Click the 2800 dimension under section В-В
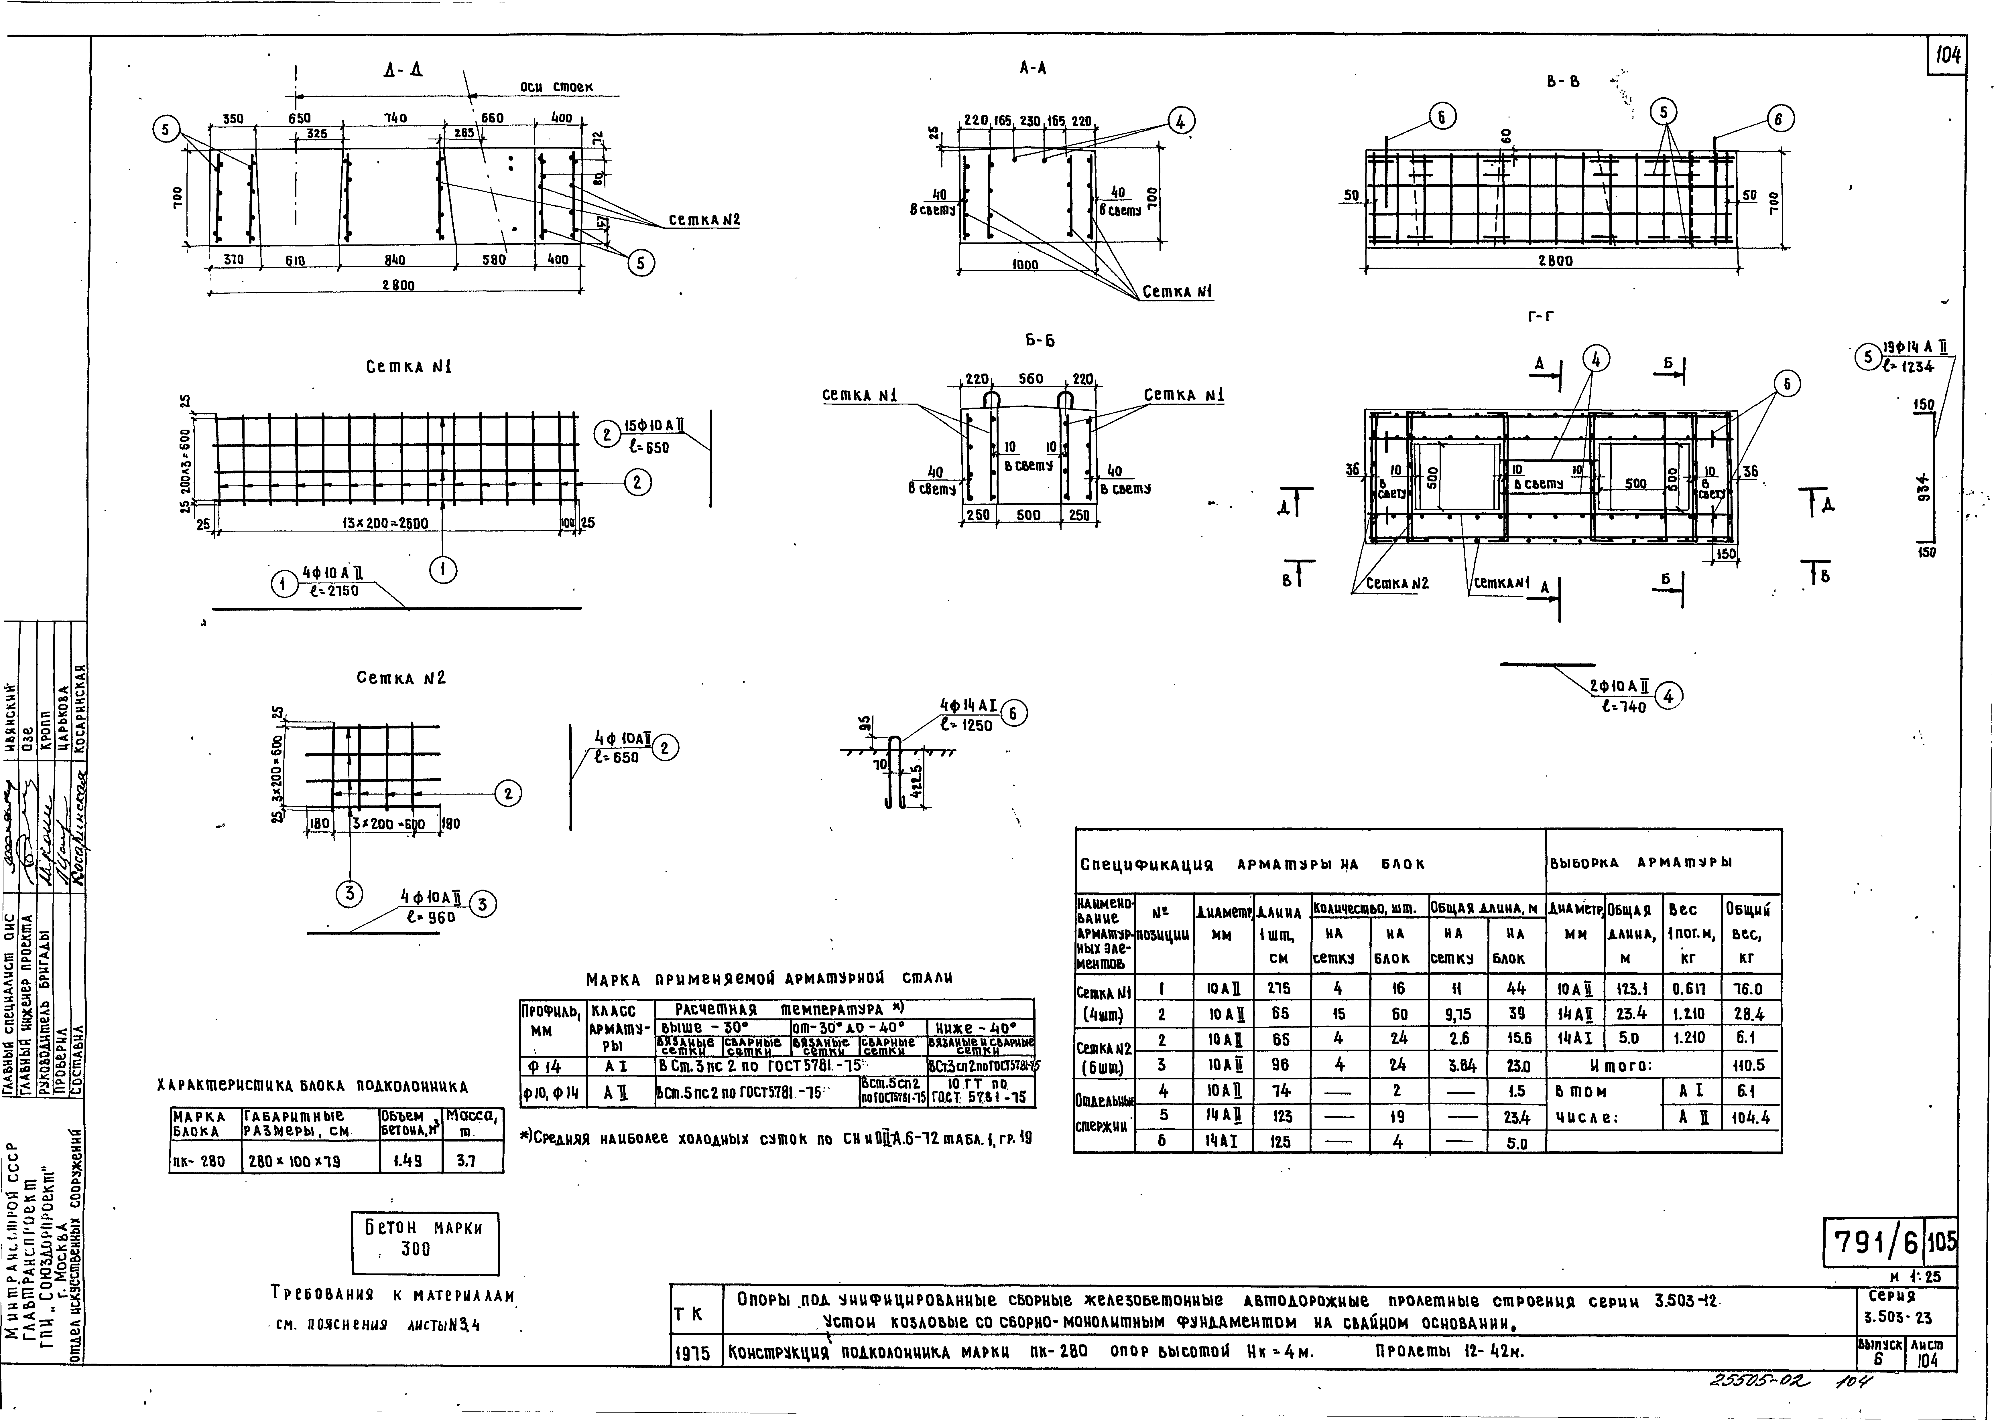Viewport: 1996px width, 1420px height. [x=1555, y=260]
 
